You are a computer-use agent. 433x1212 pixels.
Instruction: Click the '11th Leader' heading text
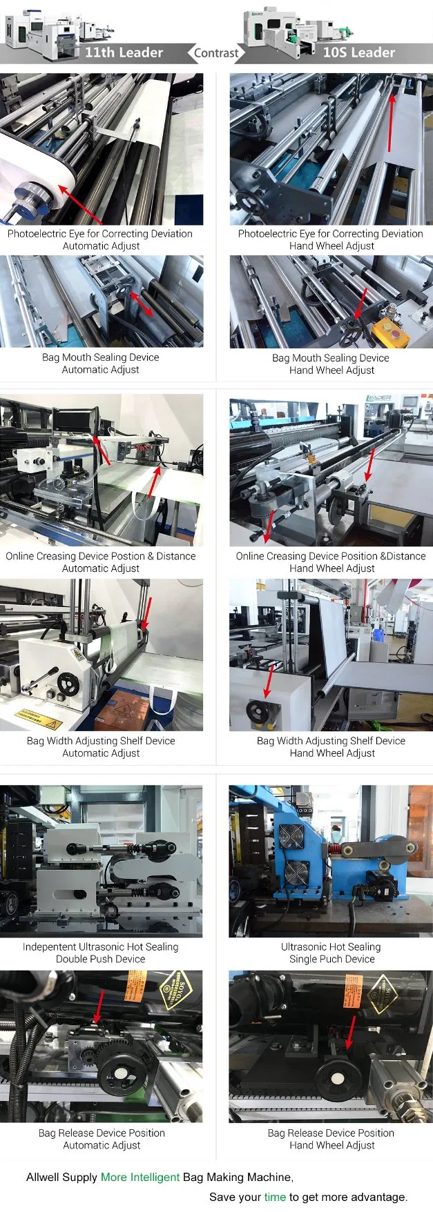[124, 52]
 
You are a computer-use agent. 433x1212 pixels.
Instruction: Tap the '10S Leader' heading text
[358, 52]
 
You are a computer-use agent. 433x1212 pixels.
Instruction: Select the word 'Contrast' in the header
[215, 53]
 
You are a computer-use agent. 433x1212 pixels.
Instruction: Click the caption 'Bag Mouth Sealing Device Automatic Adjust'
[101, 364]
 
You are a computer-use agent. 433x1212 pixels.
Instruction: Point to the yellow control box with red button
[390, 330]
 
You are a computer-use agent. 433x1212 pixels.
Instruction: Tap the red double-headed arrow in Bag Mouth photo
[142, 304]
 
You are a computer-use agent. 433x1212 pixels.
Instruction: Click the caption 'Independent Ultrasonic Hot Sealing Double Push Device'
[101, 953]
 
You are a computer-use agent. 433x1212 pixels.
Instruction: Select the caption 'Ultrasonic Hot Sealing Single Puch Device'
[331, 953]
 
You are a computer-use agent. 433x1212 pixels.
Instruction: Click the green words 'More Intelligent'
[140, 1177]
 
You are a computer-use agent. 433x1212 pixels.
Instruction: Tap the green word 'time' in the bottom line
[275, 1197]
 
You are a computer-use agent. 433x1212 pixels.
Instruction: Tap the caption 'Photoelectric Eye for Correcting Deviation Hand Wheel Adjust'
[331, 239]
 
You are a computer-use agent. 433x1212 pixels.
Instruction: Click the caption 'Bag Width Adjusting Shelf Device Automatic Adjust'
[101, 747]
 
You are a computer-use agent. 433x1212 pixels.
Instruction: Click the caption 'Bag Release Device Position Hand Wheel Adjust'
[331, 1139]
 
